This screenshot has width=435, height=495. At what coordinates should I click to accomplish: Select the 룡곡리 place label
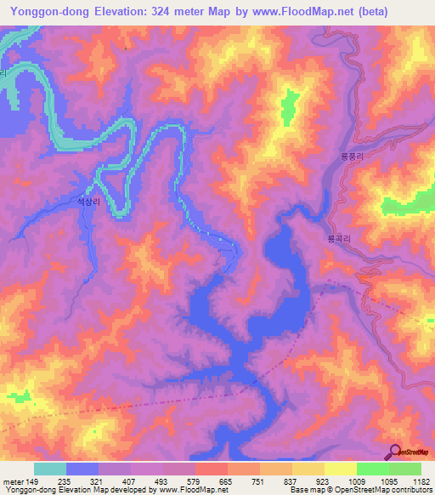coord(339,241)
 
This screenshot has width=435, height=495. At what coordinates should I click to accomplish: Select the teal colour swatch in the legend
coord(50,469)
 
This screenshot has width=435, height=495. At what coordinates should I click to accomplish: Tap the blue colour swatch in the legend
coord(82,469)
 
